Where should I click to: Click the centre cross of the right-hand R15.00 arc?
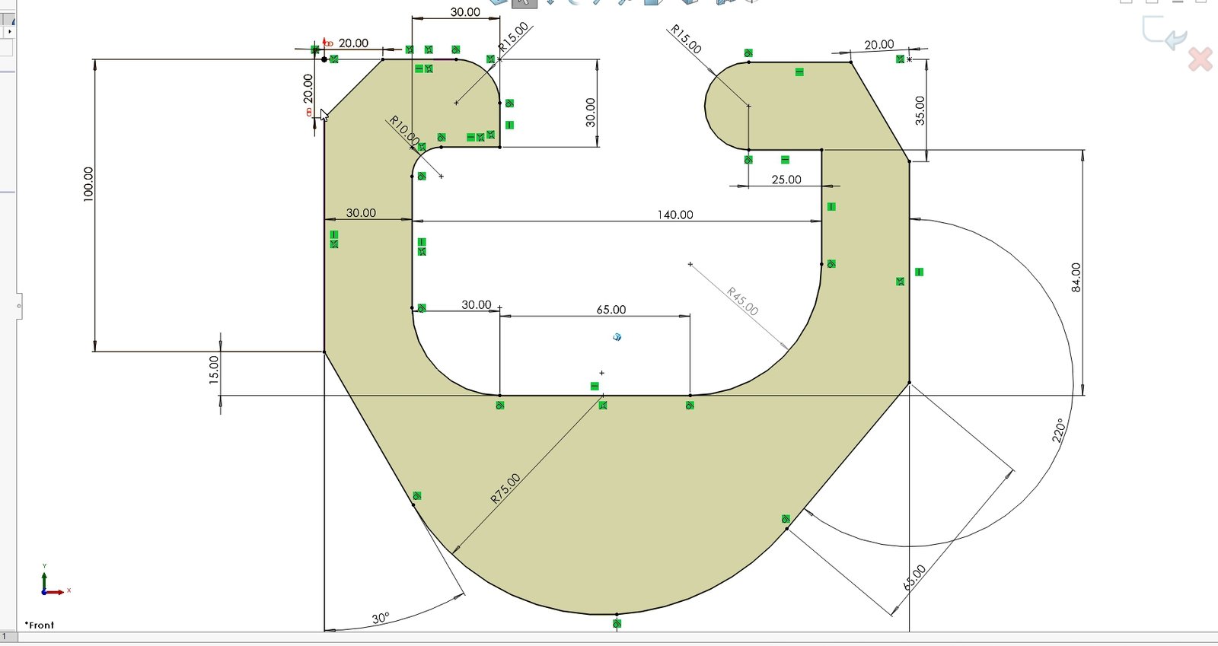(749, 106)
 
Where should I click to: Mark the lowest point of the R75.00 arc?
(617, 615)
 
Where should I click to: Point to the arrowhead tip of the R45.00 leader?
(788, 349)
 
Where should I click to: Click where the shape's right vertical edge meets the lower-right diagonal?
(909, 383)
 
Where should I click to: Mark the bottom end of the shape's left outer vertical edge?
(324, 352)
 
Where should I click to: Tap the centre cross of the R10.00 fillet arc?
(441, 176)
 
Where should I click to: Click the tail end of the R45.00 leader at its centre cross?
(690, 265)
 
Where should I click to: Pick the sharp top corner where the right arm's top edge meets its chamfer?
(850, 62)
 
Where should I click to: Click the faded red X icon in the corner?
(1200, 59)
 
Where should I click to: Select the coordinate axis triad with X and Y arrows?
(55, 581)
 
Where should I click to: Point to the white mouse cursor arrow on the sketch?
(324, 116)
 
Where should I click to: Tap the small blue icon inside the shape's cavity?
(617, 337)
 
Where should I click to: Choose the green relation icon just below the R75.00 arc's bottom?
(617, 624)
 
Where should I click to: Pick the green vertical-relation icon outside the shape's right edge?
(919, 272)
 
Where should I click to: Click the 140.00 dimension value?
(674, 215)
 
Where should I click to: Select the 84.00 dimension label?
(1076, 277)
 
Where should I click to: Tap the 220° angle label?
(1058, 431)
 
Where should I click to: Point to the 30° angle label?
(381, 619)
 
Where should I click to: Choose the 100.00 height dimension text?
(88, 184)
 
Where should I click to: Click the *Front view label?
(39, 625)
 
